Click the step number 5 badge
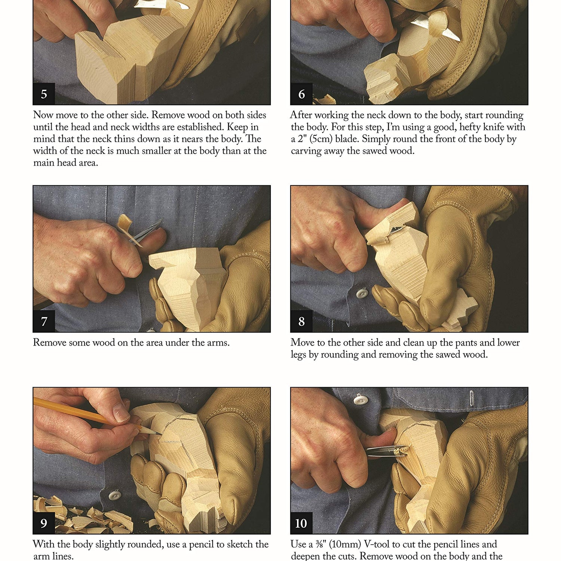(x=44, y=94)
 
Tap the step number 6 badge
(x=301, y=94)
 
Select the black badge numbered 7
(x=44, y=321)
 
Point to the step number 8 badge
(x=301, y=321)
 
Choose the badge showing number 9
(x=44, y=523)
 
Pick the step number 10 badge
(x=301, y=523)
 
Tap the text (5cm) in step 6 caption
(x=321, y=139)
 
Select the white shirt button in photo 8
(x=362, y=293)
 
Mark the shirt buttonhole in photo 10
(x=471, y=398)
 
